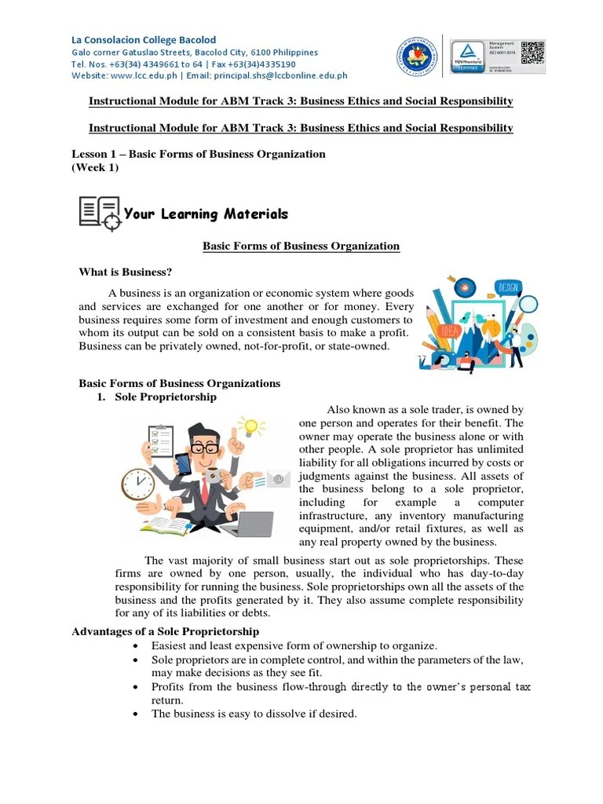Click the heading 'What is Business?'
pyautogui.click(x=125, y=272)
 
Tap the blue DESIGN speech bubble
pyautogui.click(x=506, y=287)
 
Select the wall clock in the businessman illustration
pyautogui.click(x=139, y=484)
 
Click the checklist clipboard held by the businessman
pyautogui.click(x=162, y=441)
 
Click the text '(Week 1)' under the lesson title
pyautogui.click(x=95, y=168)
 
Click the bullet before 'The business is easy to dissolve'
pyautogui.click(x=137, y=714)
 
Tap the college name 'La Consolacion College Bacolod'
pyautogui.click(x=144, y=39)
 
